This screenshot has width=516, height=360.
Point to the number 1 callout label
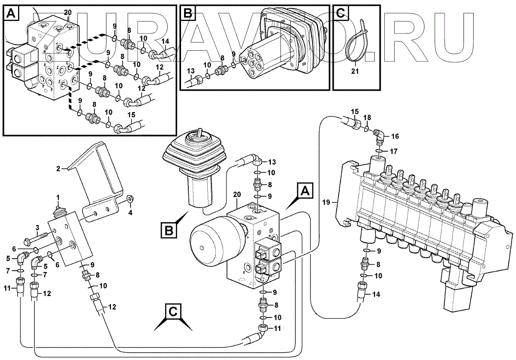[x=58, y=197]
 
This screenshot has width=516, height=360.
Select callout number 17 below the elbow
[x=394, y=151]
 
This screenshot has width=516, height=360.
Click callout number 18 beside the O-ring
[x=367, y=117]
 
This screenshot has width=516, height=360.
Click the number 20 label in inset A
[x=68, y=12]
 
